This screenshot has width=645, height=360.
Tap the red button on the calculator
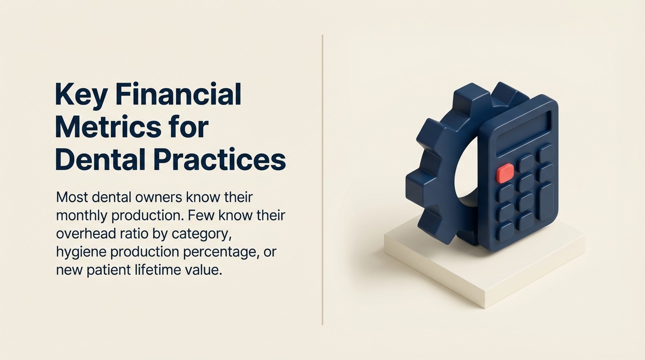click(x=505, y=173)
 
